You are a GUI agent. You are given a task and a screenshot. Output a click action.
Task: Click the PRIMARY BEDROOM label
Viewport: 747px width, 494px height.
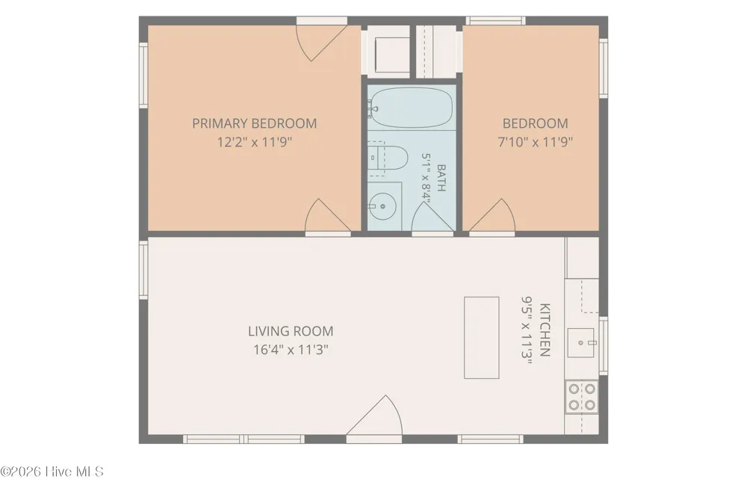255,123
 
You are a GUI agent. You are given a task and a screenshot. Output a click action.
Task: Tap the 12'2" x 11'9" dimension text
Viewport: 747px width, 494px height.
255,142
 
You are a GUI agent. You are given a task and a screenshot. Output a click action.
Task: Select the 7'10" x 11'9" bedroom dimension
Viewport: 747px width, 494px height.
535,142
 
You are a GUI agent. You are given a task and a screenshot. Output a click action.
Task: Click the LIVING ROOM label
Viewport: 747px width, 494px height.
291,331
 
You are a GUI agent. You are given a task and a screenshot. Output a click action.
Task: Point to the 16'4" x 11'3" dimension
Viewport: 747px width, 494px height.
291,350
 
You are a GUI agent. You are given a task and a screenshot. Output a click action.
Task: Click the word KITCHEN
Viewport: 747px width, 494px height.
545,330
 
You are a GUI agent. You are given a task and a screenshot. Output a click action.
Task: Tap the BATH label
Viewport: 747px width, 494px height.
441,178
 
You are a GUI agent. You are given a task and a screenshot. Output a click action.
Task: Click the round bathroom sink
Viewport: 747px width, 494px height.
383,206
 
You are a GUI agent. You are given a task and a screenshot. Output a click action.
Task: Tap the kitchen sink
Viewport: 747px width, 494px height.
580,342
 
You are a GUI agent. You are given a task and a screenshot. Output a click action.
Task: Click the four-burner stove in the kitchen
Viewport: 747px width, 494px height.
582,397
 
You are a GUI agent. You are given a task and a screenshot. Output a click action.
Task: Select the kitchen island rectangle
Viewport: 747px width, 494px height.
482,338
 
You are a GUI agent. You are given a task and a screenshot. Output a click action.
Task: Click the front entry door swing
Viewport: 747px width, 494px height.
374,416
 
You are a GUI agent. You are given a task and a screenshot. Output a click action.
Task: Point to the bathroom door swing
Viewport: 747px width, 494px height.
432,217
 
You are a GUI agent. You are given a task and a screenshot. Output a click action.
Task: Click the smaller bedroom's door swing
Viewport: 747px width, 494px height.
492,216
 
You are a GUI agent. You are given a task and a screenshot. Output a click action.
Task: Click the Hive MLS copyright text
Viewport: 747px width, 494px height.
52,472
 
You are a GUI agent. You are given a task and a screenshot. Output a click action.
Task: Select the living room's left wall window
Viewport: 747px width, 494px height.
143,270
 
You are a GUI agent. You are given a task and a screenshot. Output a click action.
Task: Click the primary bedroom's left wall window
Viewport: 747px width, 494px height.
143,75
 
